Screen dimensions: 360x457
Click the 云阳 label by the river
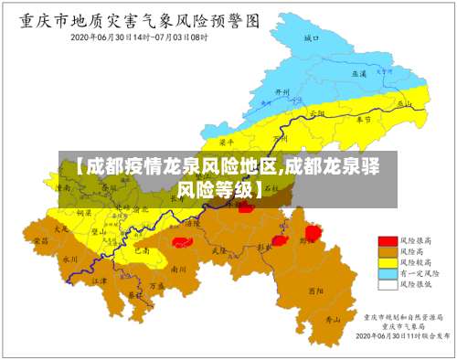(317, 113)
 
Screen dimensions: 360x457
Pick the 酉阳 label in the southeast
(316, 291)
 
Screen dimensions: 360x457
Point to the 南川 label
(179, 270)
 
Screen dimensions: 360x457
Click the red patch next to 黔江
(313, 233)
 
